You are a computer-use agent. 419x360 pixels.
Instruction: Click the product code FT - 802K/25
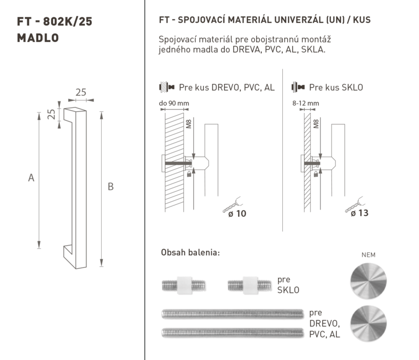click(54, 21)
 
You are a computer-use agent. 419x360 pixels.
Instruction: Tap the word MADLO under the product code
click(38, 38)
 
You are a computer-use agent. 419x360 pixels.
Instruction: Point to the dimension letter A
click(31, 178)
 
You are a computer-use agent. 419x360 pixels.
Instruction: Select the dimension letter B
click(111, 187)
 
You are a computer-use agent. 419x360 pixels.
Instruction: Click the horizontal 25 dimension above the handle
click(81, 92)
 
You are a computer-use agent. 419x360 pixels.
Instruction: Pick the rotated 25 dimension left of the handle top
click(51, 114)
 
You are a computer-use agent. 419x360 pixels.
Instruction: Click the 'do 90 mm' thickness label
click(174, 103)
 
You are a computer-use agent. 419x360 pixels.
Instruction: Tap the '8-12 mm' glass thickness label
click(306, 103)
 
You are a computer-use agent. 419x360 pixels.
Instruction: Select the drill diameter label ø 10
click(237, 214)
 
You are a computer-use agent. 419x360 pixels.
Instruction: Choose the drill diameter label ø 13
click(359, 213)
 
